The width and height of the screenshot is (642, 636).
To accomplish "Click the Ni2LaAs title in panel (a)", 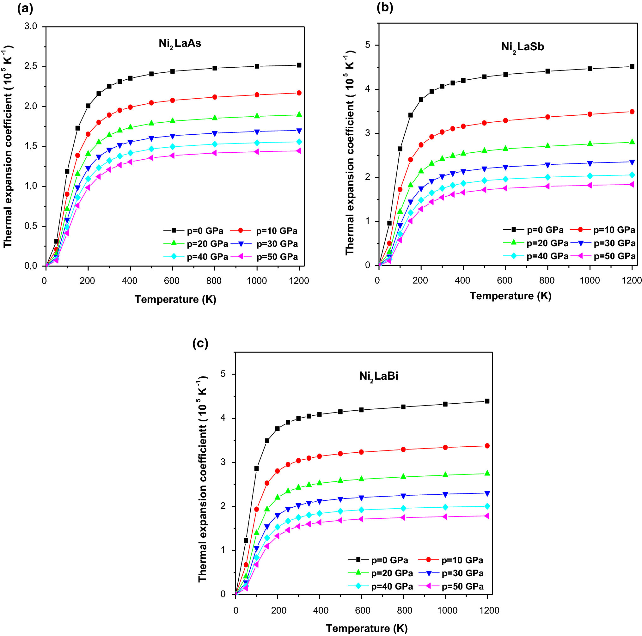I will point(180,44).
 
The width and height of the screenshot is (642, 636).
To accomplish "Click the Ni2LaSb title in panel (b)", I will point(523,47).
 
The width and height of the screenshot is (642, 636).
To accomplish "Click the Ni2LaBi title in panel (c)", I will point(378,376).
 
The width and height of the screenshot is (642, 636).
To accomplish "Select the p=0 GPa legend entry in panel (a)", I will point(193,231).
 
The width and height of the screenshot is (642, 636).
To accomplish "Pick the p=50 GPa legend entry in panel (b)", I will point(603,256).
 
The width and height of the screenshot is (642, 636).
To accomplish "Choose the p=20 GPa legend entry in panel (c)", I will point(380,573).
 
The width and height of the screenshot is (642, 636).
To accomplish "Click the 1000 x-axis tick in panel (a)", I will point(257,281).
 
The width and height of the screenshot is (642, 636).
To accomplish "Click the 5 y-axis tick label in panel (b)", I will point(368,45).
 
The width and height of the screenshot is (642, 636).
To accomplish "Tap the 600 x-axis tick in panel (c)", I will point(362,610).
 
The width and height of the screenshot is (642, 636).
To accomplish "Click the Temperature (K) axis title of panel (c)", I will point(367,628).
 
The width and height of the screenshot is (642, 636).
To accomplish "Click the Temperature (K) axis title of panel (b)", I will point(511,296).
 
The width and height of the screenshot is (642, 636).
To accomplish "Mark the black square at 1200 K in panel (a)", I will point(299,65).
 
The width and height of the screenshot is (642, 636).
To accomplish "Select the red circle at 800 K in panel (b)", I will point(547,117).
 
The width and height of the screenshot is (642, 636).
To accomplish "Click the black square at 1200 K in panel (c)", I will point(487,401).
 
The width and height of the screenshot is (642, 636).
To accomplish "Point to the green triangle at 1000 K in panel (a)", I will point(257,116).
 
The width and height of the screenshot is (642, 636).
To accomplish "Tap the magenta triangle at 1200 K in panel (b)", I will point(632,184).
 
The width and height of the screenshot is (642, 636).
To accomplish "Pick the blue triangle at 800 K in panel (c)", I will point(403,496).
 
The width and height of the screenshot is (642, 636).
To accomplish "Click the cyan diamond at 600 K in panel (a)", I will point(173,147).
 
